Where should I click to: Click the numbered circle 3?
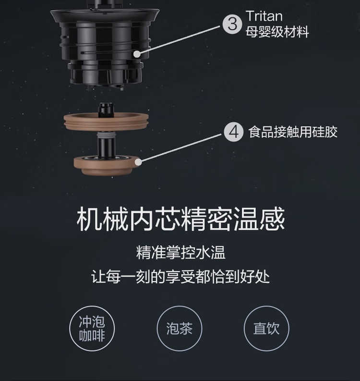(232, 24)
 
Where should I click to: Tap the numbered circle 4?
(234, 132)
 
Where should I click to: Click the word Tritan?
(264, 16)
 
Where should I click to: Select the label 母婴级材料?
(277, 32)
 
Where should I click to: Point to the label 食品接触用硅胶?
(293, 132)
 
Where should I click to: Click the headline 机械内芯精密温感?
(180, 219)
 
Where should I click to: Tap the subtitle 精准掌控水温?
(181, 252)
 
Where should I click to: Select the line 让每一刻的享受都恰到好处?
(180, 276)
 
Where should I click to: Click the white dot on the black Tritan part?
(137, 54)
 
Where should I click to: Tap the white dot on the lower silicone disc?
(138, 162)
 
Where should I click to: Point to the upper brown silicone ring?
(106, 122)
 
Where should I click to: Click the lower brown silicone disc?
(106, 166)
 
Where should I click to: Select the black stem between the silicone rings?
(107, 145)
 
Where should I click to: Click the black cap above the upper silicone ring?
(106, 110)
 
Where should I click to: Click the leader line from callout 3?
(180, 39)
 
